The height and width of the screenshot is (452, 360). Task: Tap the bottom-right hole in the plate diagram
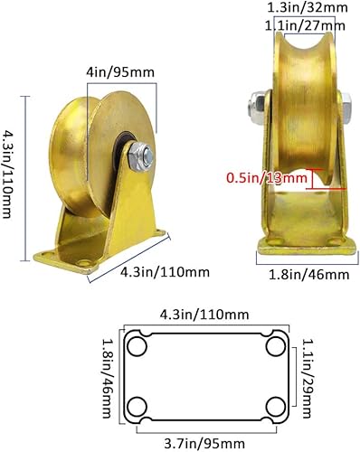(x=275, y=405)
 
